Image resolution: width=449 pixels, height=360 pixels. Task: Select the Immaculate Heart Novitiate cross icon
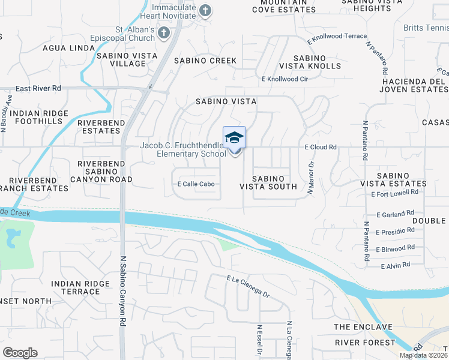205,10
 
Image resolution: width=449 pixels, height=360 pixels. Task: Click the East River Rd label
38,88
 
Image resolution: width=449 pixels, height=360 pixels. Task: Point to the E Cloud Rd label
321,146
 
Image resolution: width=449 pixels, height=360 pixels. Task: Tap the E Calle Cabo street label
196,184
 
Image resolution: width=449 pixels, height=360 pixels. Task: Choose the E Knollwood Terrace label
336,37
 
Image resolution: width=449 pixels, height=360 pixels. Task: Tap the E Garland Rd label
395,213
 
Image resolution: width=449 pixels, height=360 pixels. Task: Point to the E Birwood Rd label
395,247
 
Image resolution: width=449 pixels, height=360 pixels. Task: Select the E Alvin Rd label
395,265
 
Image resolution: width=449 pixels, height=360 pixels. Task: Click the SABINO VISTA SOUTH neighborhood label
268,182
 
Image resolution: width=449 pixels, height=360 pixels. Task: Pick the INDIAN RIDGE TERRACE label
76,287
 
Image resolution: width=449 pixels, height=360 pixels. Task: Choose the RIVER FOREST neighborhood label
365,343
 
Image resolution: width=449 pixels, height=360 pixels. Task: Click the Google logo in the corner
20,353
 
